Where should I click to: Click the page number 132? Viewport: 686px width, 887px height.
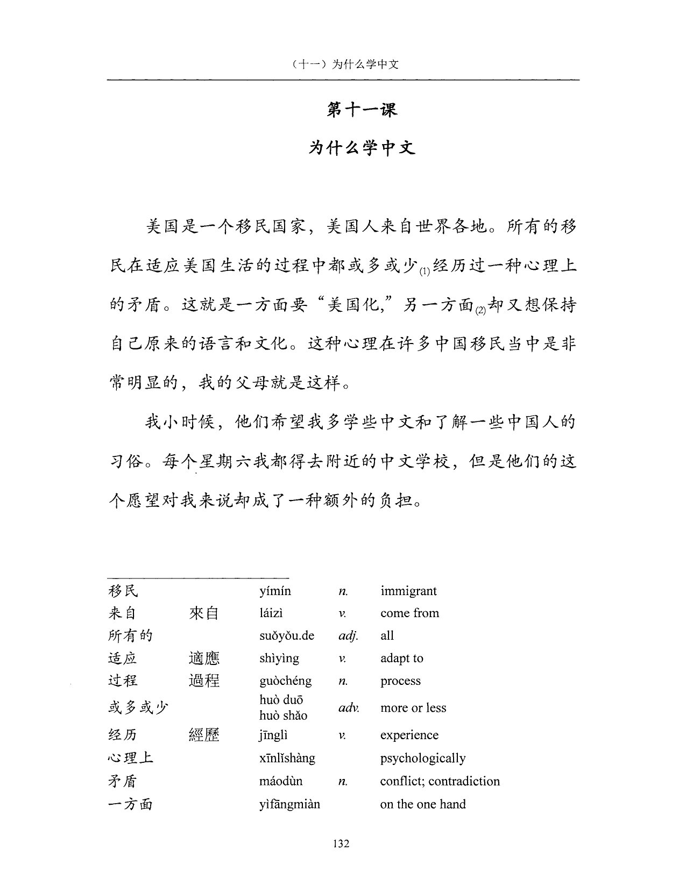(x=341, y=843)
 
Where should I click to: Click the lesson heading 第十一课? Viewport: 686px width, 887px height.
(x=362, y=110)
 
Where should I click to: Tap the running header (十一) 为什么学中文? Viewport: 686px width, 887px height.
(x=342, y=65)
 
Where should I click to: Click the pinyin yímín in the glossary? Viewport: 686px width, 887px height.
(x=275, y=591)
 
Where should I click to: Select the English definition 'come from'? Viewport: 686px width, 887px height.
(x=409, y=613)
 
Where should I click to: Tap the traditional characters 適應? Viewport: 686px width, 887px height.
(x=204, y=659)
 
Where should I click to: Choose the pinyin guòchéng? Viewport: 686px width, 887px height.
(x=285, y=681)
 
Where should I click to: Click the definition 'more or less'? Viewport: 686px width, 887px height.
(x=413, y=708)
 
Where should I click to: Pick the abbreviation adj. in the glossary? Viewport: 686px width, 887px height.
(x=348, y=636)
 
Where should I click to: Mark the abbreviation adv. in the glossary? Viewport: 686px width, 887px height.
(x=349, y=708)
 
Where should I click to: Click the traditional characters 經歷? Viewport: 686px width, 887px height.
(x=204, y=735)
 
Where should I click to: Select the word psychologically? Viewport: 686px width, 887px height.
(x=423, y=759)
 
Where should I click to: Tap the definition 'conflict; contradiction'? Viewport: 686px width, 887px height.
(x=440, y=782)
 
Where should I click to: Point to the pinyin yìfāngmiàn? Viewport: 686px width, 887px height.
(x=289, y=805)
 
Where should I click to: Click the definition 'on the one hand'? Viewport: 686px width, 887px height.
(x=423, y=805)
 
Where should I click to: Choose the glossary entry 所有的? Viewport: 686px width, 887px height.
(x=131, y=636)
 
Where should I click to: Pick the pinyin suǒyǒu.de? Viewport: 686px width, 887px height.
(x=287, y=636)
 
